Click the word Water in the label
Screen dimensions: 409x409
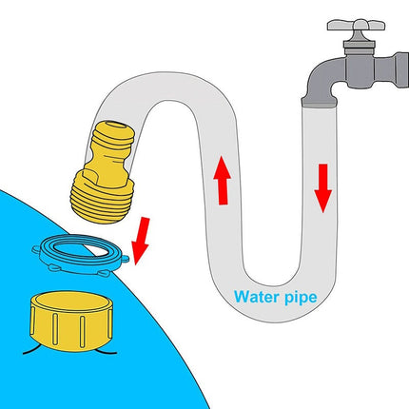point(256,297)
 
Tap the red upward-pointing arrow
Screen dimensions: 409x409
point(223,180)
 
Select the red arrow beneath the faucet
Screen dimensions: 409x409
point(323,188)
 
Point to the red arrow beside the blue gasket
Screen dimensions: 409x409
point(141,241)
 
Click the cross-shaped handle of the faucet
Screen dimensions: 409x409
point(356,25)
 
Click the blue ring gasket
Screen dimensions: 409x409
point(81,254)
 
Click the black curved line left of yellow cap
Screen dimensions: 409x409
point(31,349)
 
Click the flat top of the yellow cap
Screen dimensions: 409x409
point(71,302)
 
